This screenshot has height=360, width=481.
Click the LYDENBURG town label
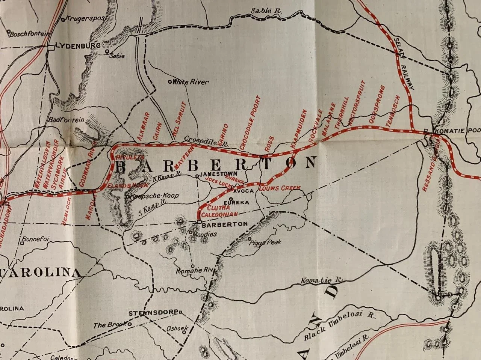pyautogui.click(x=77, y=46)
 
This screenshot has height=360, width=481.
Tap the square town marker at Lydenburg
pyautogui.click(x=51, y=47)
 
